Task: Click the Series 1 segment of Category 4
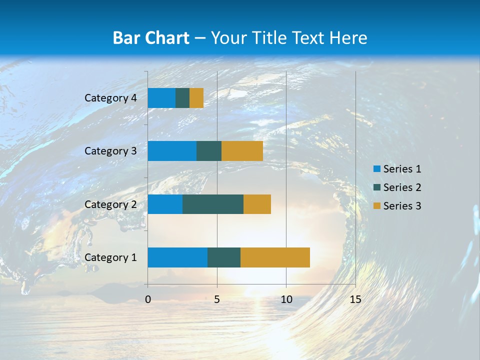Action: [161, 98]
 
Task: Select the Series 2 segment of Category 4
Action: [182, 98]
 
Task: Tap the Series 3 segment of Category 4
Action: [196, 98]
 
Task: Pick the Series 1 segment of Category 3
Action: [172, 151]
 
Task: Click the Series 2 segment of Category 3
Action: [209, 151]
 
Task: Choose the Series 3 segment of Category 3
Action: [242, 151]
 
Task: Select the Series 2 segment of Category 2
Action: [213, 204]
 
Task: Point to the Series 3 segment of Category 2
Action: [257, 204]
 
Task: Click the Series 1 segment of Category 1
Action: [177, 257]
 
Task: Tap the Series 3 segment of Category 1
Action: [275, 257]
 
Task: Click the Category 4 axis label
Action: [110, 98]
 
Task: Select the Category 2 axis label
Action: [110, 204]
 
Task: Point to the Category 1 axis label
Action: [110, 257]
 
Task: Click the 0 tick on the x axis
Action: [148, 299]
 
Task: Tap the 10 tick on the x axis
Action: [286, 299]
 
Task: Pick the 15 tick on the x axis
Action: [355, 299]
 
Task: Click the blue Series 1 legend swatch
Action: [376, 169]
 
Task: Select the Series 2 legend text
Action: [402, 187]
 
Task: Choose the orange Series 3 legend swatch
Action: [376, 206]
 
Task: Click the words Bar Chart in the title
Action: [151, 38]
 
